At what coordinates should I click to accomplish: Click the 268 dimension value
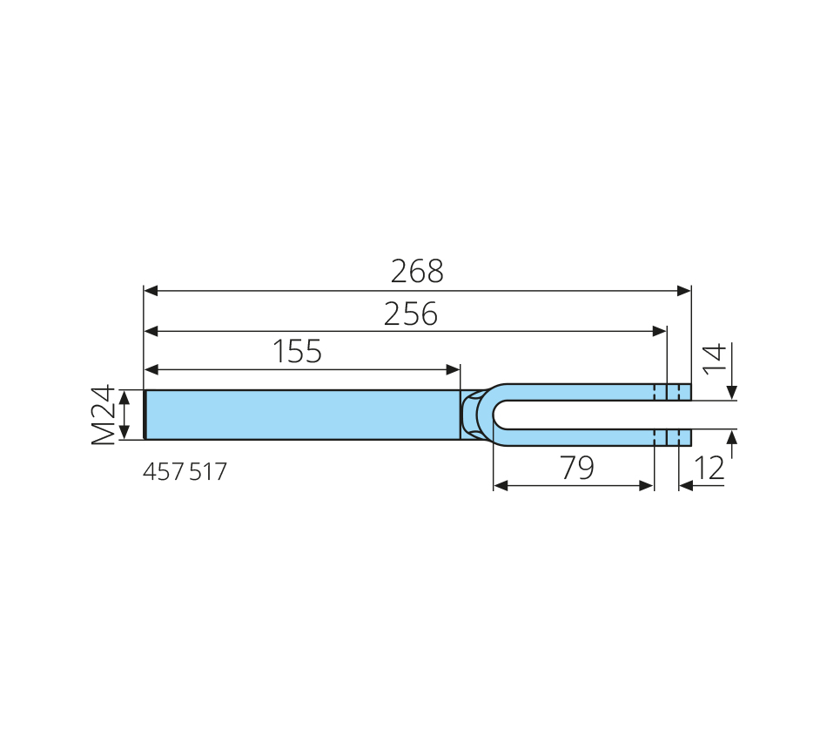417,272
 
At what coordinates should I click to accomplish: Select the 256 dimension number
410,314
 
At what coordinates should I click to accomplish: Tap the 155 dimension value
297,352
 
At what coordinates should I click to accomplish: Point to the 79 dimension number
577,468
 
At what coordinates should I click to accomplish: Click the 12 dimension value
709,469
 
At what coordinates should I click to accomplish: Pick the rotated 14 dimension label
715,357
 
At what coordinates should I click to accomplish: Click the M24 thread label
103,415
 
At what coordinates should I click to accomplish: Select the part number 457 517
185,472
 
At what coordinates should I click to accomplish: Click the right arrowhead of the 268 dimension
684,291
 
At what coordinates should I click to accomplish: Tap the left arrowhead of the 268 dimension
151,291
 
